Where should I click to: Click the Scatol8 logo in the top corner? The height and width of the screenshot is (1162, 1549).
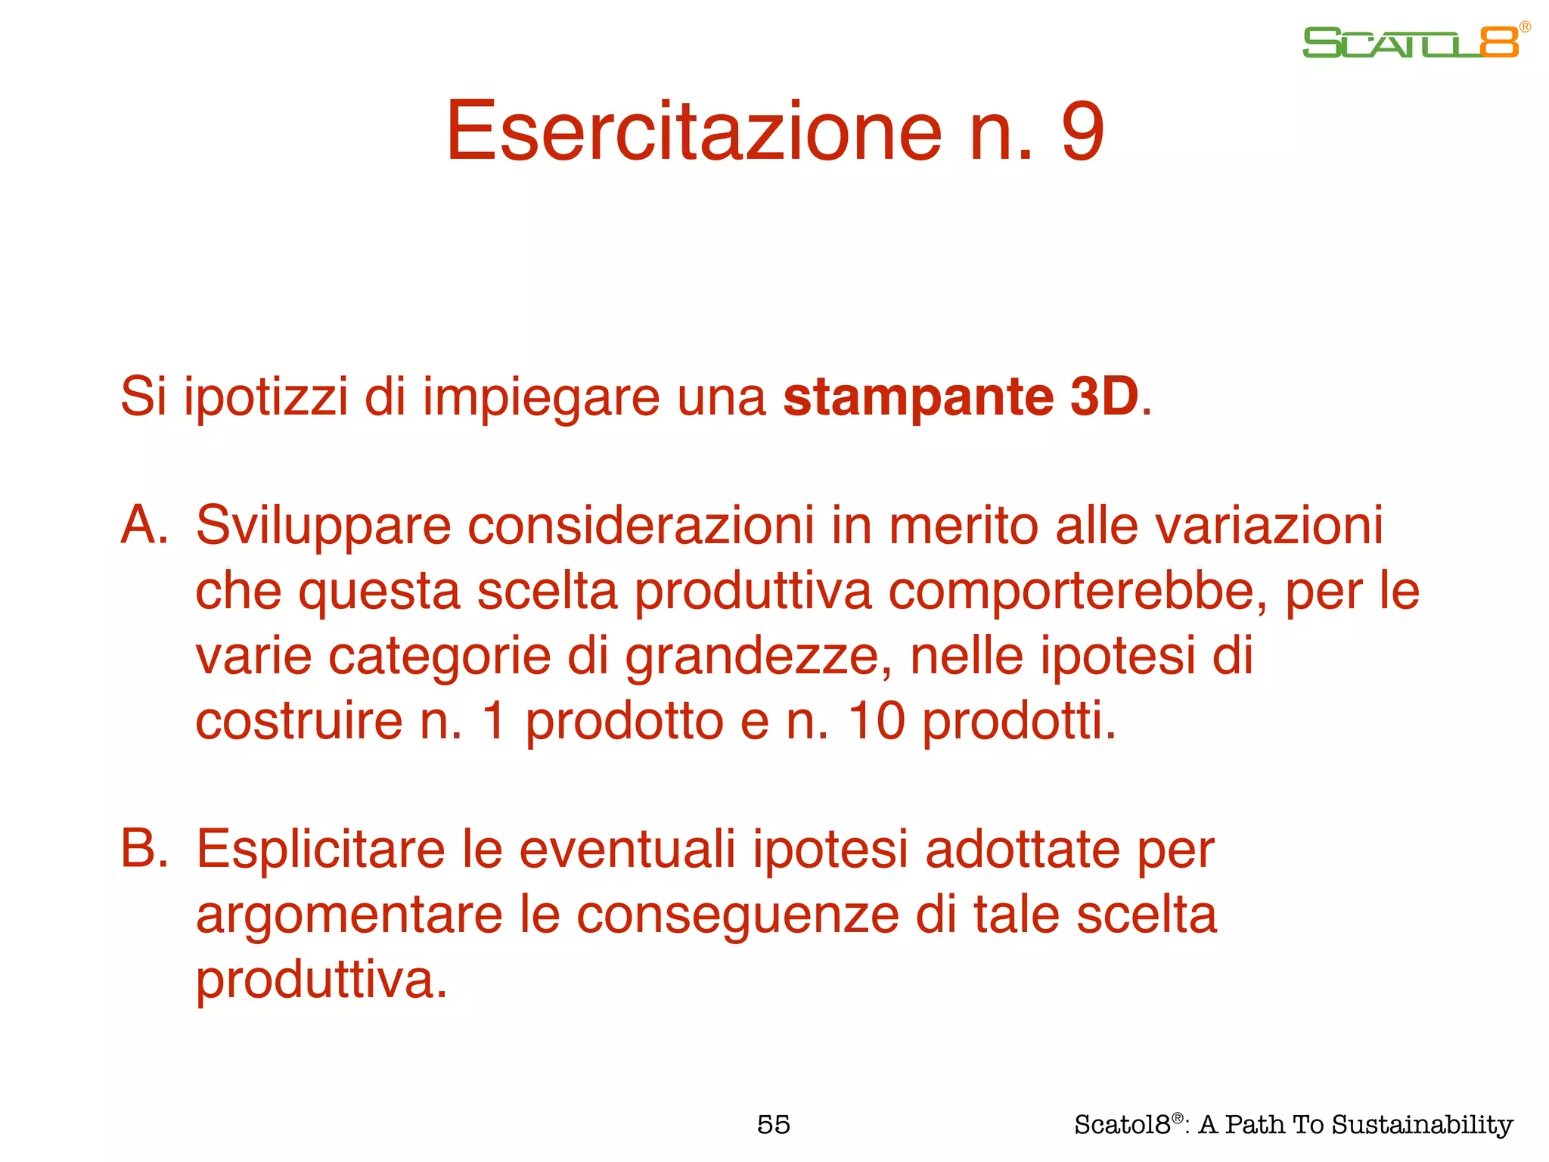(x=1411, y=42)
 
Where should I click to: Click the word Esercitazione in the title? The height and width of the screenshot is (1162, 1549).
(x=693, y=132)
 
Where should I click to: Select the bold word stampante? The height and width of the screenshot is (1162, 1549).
(x=918, y=396)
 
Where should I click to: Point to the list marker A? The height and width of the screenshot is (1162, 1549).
(x=144, y=525)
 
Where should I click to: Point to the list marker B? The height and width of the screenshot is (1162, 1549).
(x=144, y=849)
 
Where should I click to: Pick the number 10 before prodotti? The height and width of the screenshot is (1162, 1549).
(x=876, y=721)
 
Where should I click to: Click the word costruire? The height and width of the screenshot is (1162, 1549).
(x=299, y=721)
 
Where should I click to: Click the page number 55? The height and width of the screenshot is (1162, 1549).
(x=774, y=1125)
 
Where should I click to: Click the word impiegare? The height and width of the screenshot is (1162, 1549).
(x=541, y=398)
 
